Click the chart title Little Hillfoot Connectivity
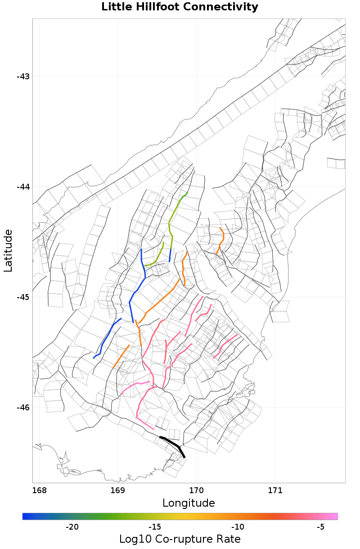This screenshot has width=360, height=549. tap(180, 7)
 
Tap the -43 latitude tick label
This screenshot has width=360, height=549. tap(23, 76)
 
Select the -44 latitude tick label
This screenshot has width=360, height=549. tap(23, 186)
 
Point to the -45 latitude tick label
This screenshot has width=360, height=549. tap(23, 297)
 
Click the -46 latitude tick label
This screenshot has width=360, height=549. tap(23, 408)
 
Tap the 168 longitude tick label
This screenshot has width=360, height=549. tap(40, 490)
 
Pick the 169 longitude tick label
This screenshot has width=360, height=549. tap(118, 490)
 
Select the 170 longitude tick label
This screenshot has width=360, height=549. tap(197, 490)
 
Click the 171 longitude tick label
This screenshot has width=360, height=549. tap(275, 490)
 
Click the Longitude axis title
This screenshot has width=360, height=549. tap(189, 503)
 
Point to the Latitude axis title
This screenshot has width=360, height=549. tap(8, 250)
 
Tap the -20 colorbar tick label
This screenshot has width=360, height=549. tap(72, 527)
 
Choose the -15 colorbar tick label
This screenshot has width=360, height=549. tap(155, 527)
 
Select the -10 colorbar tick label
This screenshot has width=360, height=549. tap(238, 527)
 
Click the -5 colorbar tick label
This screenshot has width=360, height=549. tap(320, 527)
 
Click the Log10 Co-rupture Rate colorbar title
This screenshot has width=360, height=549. tap(180, 539)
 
